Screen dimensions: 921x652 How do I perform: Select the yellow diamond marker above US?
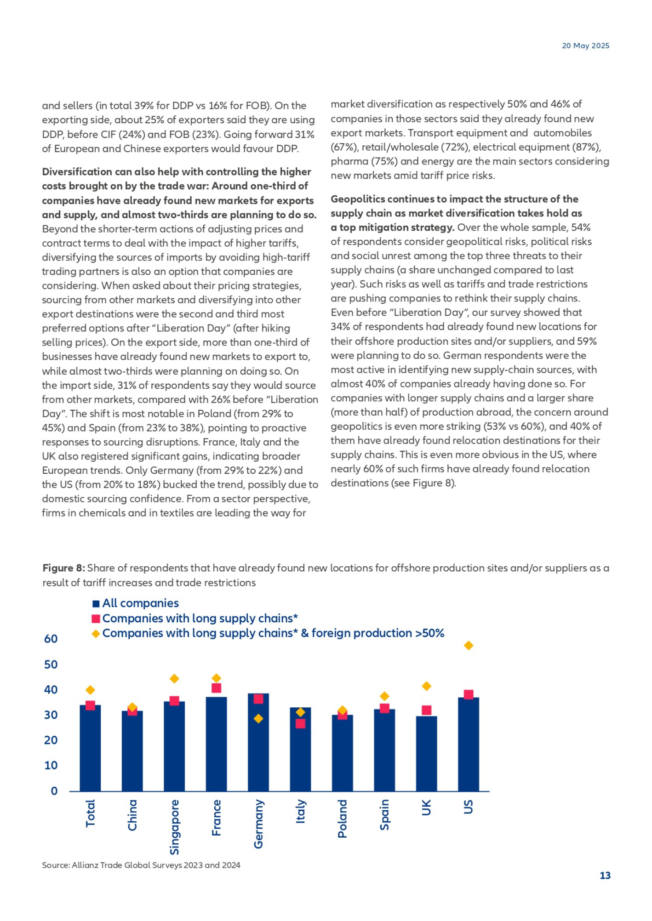click(469, 646)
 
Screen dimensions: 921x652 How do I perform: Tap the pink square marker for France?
click(216, 688)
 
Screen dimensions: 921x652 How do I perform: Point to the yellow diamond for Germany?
click(258, 718)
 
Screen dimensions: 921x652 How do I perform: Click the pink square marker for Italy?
click(300, 723)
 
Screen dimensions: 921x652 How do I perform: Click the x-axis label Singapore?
click(174, 827)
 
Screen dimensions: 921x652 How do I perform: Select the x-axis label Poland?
click(343, 819)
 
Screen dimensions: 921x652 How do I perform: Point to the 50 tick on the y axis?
click(51, 665)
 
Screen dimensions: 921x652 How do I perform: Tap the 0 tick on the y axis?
click(54, 791)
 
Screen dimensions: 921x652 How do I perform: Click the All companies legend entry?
click(140, 603)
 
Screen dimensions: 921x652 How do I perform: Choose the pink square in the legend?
click(96, 619)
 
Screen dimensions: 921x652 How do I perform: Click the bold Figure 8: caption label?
click(63, 568)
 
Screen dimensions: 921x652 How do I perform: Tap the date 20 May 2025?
click(585, 45)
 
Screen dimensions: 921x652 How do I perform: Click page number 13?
click(605, 876)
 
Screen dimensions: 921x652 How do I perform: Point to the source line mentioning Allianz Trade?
click(141, 865)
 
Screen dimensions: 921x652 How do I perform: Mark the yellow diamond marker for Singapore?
click(174, 679)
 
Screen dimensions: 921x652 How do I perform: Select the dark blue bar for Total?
click(90, 749)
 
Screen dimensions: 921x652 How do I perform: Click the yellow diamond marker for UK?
click(426, 686)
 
